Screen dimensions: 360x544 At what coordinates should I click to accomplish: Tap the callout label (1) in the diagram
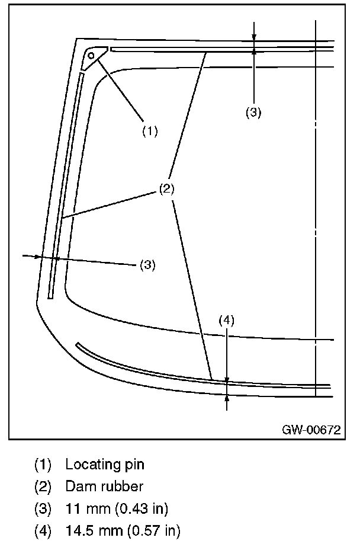(x=149, y=131)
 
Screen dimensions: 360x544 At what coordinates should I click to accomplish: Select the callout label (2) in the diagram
(x=167, y=190)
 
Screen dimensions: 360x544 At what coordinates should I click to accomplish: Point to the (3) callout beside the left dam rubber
(x=147, y=265)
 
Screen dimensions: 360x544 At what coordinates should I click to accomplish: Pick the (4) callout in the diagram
(x=227, y=321)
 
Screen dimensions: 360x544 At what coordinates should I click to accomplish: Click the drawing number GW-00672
(x=311, y=429)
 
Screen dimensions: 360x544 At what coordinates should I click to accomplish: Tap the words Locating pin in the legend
(x=105, y=464)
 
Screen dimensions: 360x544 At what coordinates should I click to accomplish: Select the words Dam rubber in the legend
(x=104, y=487)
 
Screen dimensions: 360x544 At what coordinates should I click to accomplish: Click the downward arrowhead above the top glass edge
(x=253, y=39)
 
